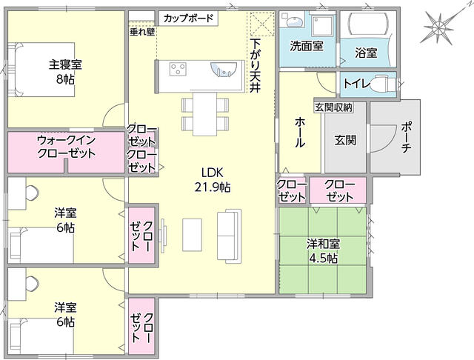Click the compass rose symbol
[438, 28]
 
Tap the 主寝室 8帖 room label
[65, 72]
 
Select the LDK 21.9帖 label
[213, 180]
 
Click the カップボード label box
[188, 19]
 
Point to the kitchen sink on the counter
[224, 69]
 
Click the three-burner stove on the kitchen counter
[178, 69]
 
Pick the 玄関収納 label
[333, 107]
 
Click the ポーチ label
[406, 138]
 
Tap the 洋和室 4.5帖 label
[323, 251]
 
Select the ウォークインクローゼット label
[66, 147]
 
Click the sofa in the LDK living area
[229, 235]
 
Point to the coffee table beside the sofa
[192, 235]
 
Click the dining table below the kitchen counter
[205, 114]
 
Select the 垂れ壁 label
[142, 32]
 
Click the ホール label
[299, 133]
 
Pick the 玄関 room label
[345, 140]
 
